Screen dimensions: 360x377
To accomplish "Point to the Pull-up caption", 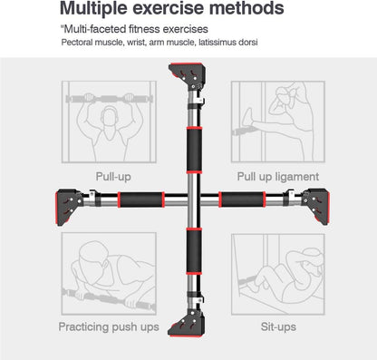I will point(116,178).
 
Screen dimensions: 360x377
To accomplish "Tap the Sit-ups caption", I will point(278,327).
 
